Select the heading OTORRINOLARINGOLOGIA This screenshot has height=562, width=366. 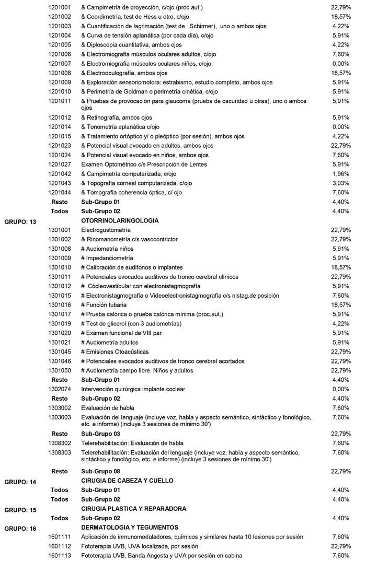120,220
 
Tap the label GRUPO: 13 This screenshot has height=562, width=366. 20,222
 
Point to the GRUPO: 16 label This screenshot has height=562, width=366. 20,529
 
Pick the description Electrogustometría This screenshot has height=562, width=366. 106,230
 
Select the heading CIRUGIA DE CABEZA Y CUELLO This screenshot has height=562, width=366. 127,481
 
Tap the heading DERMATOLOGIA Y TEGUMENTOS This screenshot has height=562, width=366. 130,528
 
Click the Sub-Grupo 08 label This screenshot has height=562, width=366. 100,471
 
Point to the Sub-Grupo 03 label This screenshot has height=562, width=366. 100,434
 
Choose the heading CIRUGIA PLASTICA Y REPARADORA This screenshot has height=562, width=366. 134,509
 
